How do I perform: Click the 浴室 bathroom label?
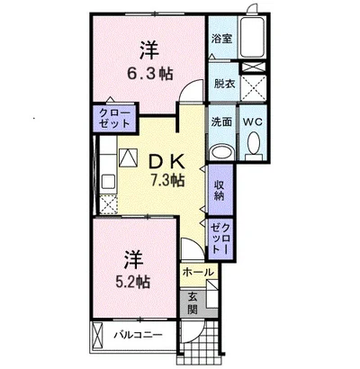pos(221,40)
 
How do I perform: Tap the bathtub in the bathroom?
pos(252,37)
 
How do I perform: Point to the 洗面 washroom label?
pos(221,121)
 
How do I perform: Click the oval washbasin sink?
pos(221,152)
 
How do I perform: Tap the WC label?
pos(253,121)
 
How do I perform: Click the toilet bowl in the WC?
pos(254,143)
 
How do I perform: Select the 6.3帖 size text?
pos(150,74)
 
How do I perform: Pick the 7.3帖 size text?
pos(167,180)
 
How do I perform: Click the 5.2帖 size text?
pos(133,281)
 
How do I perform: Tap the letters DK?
pos(166,163)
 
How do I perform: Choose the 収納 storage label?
pos(220,190)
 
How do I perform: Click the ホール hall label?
pos(198,272)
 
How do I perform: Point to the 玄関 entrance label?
pos(193,302)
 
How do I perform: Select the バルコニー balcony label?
pos(138,335)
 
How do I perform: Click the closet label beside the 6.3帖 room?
pos(114,118)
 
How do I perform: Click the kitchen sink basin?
pos(108,181)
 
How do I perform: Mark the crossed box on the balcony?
pos(97,335)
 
